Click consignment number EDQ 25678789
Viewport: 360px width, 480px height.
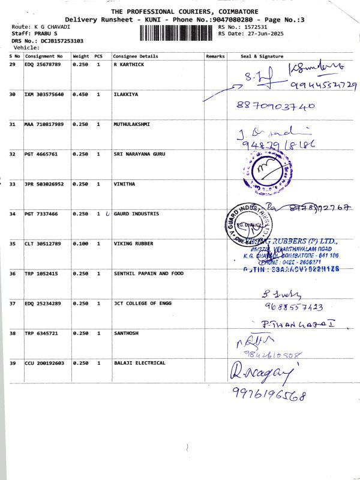[x=43, y=64]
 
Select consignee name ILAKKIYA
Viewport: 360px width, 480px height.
[x=127, y=94]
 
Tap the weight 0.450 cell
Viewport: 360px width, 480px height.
[x=80, y=94]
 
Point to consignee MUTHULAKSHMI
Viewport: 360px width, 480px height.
[x=131, y=124]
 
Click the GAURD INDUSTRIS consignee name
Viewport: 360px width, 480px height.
[x=136, y=214]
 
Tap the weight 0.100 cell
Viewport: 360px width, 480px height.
[x=80, y=244]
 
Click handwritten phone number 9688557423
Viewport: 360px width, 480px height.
[x=293, y=307]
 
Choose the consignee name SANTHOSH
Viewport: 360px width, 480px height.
[x=127, y=333]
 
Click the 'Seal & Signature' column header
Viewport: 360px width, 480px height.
[x=262, y=56]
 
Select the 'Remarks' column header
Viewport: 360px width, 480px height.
[x=215, y=56]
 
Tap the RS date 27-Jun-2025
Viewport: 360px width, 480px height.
[x=258, y=34]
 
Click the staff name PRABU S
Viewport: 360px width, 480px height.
[x=43, y=34]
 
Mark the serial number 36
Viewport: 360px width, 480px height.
[x=13, y=274]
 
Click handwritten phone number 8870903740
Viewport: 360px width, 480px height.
[x=275, y=106]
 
